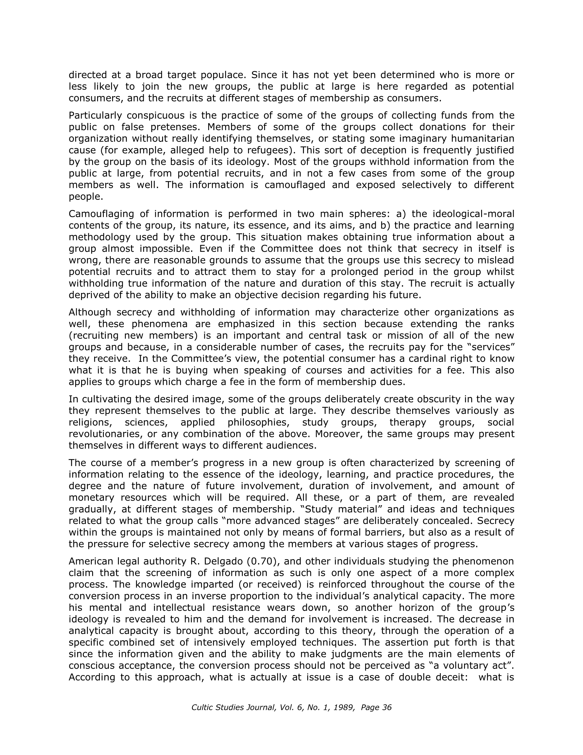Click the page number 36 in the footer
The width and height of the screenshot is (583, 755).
[x=387, y=708]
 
